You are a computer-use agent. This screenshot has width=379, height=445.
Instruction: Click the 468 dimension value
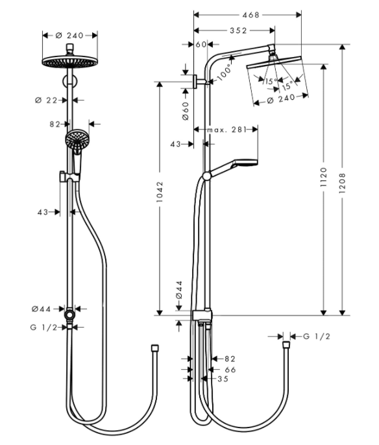[251, 15]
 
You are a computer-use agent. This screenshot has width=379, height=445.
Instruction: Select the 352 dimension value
[238, 30]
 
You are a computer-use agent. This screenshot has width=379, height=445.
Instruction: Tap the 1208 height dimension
[342, 184]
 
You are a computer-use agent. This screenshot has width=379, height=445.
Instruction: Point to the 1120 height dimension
[323, 177]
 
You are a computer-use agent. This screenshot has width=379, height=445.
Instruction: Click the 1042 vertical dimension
[160, 192]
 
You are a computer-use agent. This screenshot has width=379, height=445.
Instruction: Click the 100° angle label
[224, 73]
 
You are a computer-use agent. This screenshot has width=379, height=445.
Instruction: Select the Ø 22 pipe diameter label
[46, 100]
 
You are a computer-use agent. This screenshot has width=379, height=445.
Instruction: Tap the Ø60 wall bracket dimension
[185, 111]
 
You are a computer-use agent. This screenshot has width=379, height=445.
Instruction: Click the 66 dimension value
[230, 370]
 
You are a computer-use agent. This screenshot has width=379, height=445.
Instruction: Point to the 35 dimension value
[223, 379]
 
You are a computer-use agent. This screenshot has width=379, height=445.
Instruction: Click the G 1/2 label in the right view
[317, 337]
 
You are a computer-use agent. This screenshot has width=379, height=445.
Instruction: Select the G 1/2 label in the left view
[43, 328]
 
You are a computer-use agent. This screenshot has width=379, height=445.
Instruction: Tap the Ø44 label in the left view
[41, 309]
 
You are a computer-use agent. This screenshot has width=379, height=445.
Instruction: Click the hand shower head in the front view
[77, 138]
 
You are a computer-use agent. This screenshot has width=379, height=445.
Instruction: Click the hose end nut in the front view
[154, 348]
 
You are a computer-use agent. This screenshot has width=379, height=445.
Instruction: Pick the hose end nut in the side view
[286, 345]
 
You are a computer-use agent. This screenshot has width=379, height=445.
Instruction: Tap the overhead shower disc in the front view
[69, 62]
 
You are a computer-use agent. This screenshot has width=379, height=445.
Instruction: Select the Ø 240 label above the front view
[69, 36]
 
